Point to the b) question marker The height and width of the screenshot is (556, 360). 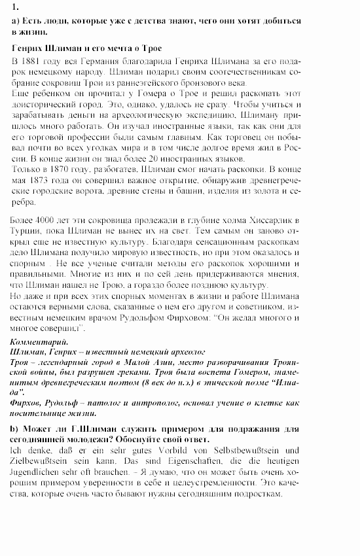(x=16, y=428)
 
